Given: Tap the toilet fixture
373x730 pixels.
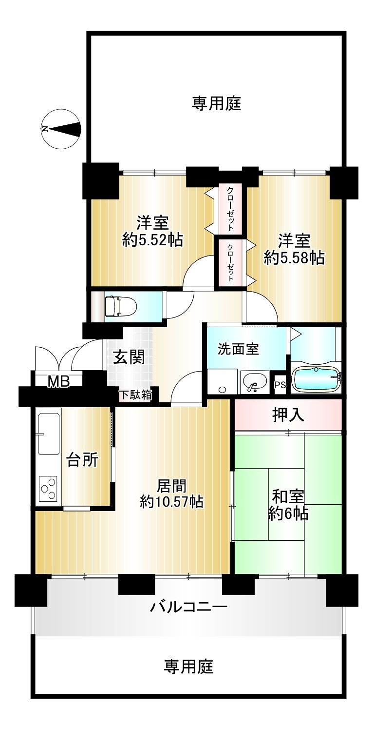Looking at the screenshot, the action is point(120,306).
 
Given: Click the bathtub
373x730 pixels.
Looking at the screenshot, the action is point(316,378).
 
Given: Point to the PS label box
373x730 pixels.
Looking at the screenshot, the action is point(280,385).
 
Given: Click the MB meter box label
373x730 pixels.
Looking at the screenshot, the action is point(59,382).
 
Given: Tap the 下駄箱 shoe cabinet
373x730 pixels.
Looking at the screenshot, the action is point(136,395).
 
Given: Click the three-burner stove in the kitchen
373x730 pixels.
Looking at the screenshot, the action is point(48,489).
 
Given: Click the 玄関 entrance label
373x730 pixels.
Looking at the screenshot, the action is point(129,357).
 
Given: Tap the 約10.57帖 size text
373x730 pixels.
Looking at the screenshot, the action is point(172,502).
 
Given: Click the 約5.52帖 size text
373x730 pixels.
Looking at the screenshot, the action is point(152,240).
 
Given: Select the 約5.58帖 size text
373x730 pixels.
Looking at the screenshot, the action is point(294,258).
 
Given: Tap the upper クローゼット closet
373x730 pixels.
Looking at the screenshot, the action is point(230,209).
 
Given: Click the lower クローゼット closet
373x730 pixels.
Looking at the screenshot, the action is point(230,263).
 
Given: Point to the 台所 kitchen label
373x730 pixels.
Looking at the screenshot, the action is point(82,460).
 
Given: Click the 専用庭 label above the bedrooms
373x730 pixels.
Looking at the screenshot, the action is point(216,104).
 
